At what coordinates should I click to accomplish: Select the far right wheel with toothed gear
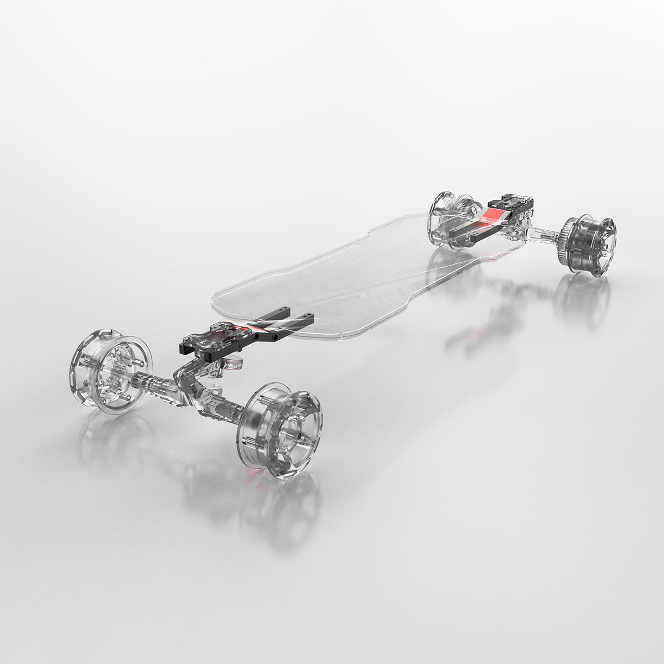(x=590, y=246)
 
